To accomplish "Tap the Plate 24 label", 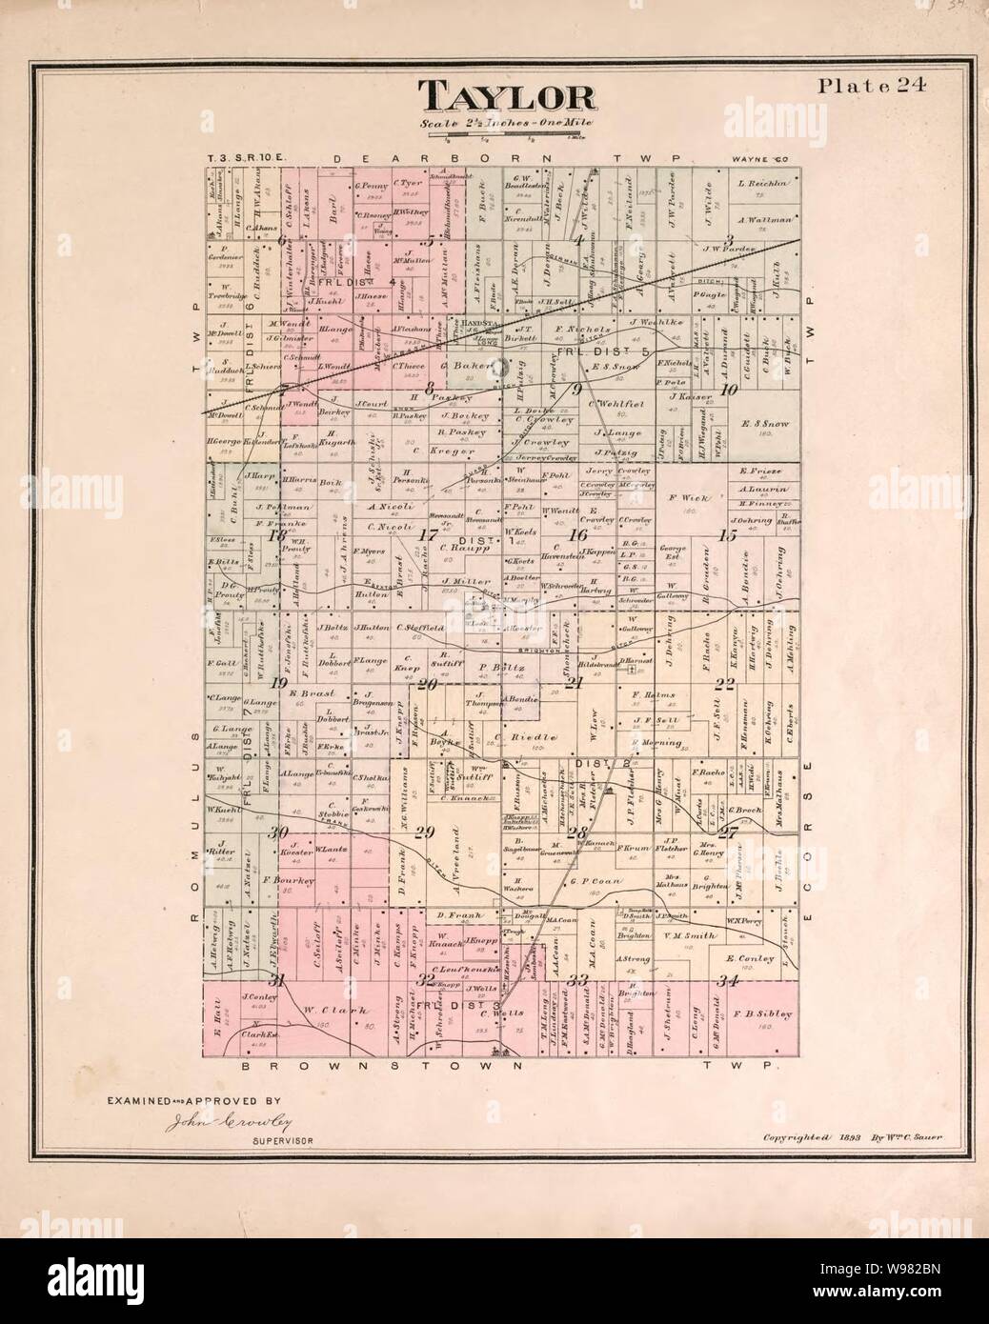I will point(877,86).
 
